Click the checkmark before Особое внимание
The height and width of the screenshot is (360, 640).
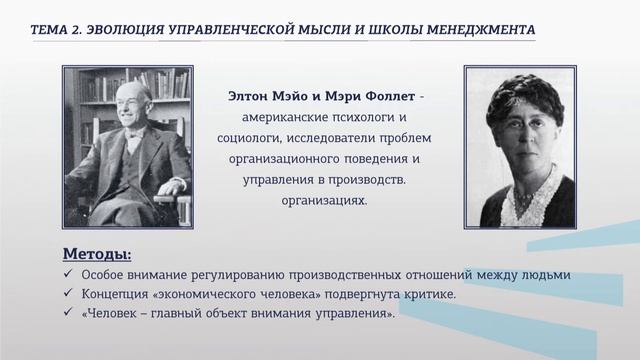[x=67, y=275]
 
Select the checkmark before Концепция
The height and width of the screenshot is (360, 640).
[x=67, y=294]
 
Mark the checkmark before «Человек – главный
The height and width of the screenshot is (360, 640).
[x=67, y=313]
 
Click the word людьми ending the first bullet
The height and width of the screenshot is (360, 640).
[x=546, y=275]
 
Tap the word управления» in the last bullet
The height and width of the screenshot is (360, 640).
[x=358, y=313]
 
